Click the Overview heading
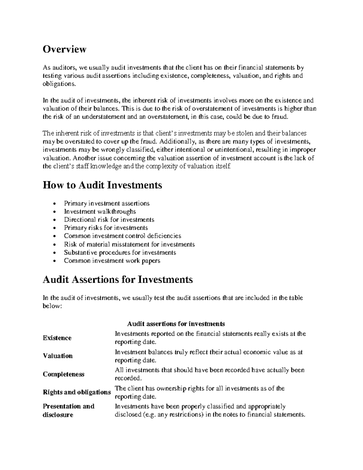[x=64, y=49]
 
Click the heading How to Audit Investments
[x=102, y=185]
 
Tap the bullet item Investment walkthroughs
[x=100, y=212]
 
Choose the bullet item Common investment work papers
[x=112, y=261]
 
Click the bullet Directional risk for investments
[x=109, y=220]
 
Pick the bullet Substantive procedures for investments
[x=120, y=252]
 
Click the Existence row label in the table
[x=57, y=338]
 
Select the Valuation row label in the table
[x=58, y=356]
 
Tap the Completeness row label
[x=63, y=374]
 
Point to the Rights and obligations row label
[x=77, y=392]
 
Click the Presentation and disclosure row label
[x=68, y=410]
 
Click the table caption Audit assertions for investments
[x=176, y=324]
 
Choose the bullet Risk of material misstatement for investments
[x=129, y=244]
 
